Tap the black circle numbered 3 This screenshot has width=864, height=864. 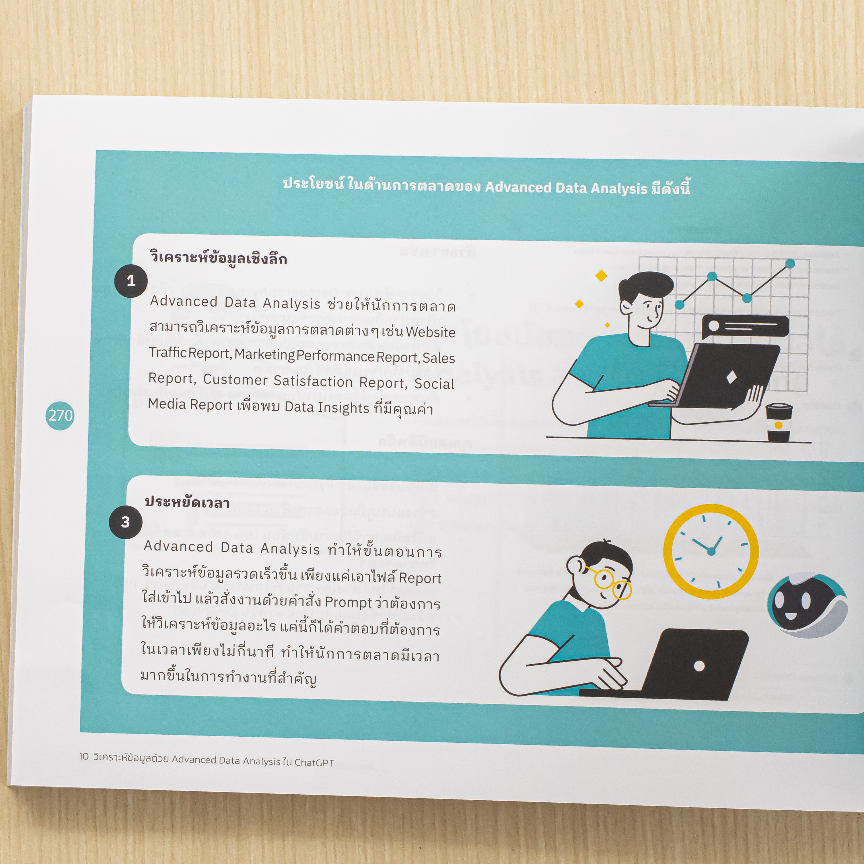(x=125, y=522)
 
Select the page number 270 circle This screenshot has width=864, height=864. (x=60, y=415)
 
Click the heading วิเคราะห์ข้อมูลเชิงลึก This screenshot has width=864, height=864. (x=218, y=258)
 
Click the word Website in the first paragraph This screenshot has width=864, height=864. (x=431, y=332)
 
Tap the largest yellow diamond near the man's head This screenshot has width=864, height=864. (x=602, y=276)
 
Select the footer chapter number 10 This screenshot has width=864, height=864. (x=84, y=756)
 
